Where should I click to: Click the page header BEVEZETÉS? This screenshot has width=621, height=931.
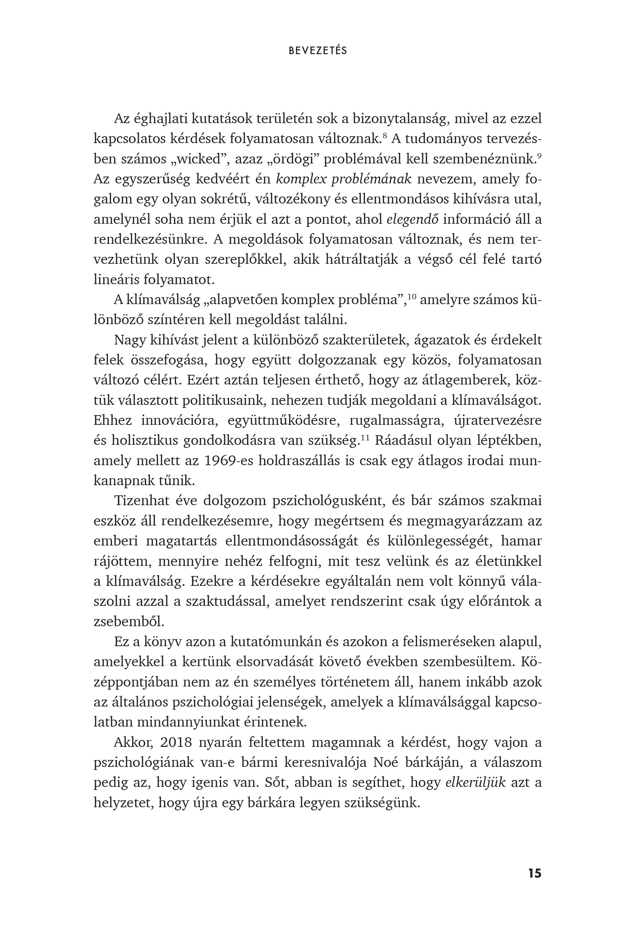[318, 51]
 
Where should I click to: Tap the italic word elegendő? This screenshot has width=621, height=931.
[412, 220]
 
